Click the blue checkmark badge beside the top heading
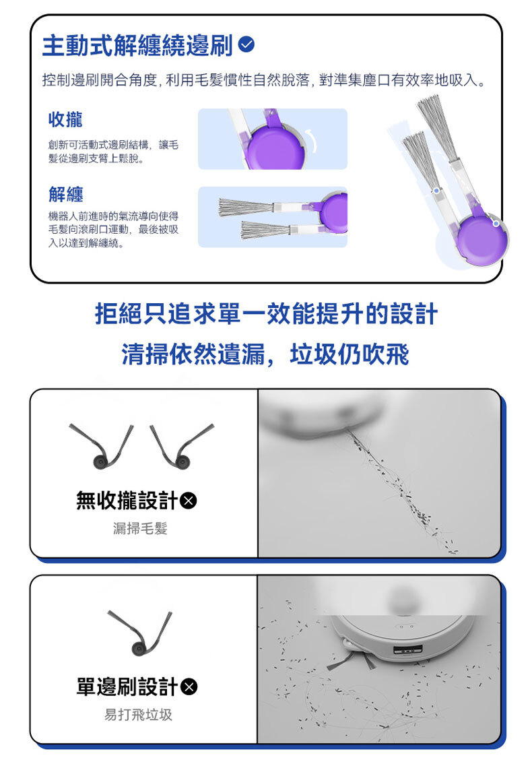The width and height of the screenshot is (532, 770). (x=246, y=44)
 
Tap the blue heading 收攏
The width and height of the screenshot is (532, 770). (x=65, y=119)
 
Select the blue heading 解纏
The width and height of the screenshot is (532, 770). (x=66, y=194)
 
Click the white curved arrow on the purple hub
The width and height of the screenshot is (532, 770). (x=312, y=140)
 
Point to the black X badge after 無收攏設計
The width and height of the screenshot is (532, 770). (x=189, y=501)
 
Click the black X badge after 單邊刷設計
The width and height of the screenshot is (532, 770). (x=189, y=686)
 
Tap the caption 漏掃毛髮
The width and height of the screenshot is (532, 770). (x=140, y=528)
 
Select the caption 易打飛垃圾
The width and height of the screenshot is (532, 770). (x=139, y=715)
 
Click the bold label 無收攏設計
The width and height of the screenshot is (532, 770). (x=127, y=501)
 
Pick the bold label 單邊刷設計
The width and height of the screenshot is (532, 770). (x=127, y=686)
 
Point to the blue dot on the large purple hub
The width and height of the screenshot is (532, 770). (x=496, y=224)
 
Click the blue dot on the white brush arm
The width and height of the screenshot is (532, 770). (x=436, y=191)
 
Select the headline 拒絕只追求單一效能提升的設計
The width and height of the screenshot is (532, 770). (x=266, y=314)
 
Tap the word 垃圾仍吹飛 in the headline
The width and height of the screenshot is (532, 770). (x=350, y=354)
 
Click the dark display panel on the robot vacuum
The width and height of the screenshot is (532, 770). (x=408, y=650)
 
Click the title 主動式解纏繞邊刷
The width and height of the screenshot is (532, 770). (x=137, y=45)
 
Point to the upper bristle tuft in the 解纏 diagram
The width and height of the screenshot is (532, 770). (x=245, y=207)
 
